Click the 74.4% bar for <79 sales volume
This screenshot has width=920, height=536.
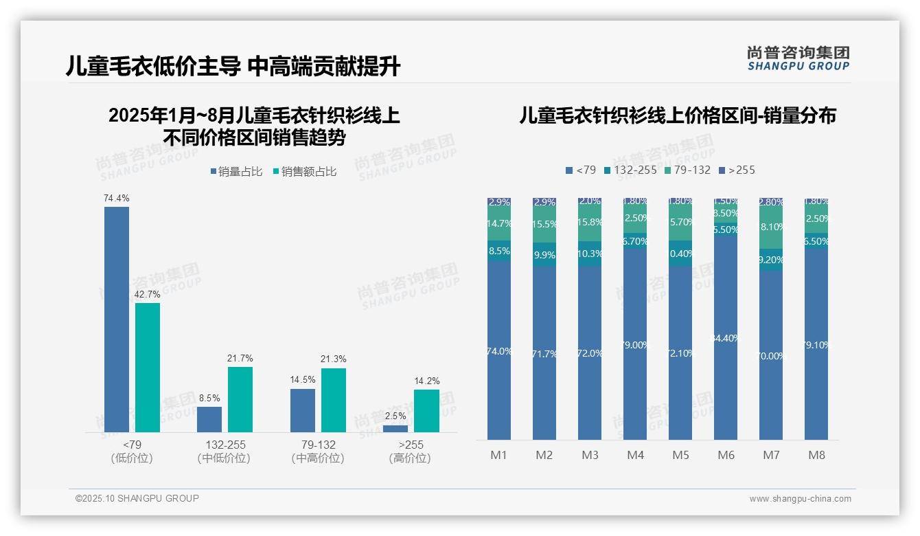click(117, 320)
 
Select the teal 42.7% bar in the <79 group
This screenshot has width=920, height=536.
click(148, 368)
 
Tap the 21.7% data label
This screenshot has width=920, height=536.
click(240, 358)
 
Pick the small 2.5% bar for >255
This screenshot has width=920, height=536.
click(395, 429)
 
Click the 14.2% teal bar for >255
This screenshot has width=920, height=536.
click(426, 411)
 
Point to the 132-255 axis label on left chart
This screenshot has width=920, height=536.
click(224, 445)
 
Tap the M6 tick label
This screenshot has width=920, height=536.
click(726, 455)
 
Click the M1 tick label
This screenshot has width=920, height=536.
click(499, 455)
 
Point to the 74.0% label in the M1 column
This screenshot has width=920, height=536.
click(499, 351)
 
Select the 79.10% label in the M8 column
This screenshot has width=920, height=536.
click(816, 345)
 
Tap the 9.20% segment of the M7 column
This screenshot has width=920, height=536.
click(771, 260)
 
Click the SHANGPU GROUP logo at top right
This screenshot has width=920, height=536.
click(798, 58)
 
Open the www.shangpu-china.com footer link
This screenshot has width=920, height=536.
click(800, 499)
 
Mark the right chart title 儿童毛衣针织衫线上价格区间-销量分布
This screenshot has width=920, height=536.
click(677, 115)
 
